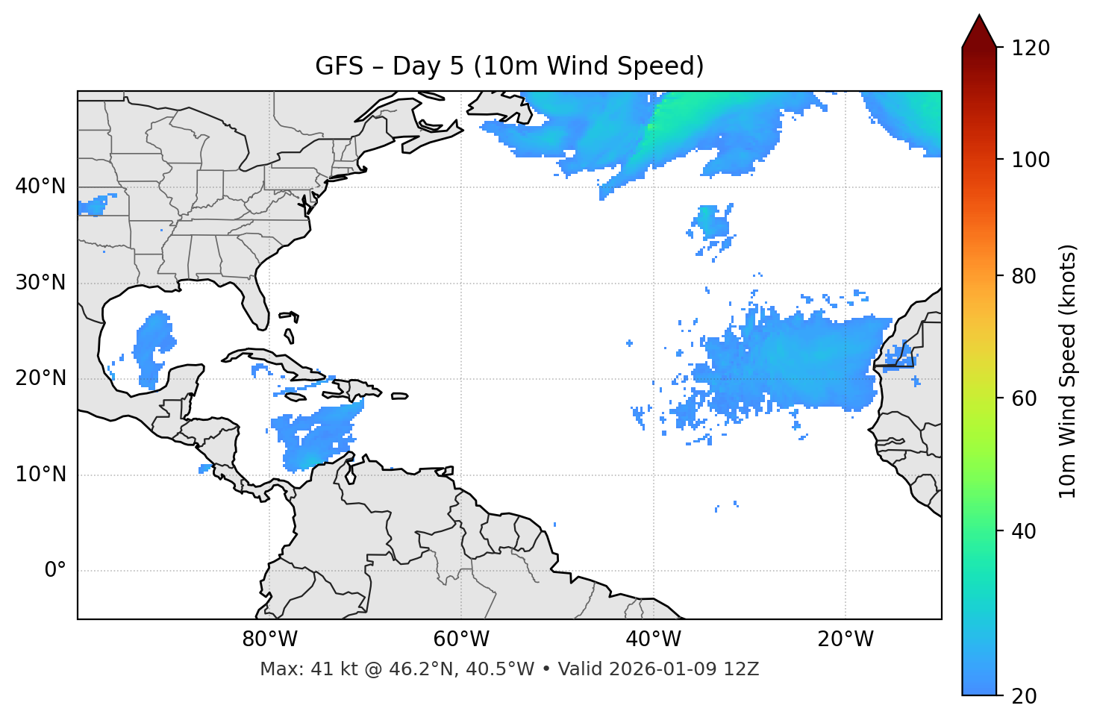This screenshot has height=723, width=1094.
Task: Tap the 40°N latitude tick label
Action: pyautogui.click(x=40, y=187)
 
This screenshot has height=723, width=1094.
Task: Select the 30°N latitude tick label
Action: pyautogui.click(x=40, y=283)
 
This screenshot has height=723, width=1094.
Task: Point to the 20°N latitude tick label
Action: pyautogui.click(x=40, y=378)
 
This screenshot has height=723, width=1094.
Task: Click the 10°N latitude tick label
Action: pyautogui.click(x=40, y=475)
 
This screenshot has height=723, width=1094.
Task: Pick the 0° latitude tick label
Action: pyautogui.click(x=54, y=571)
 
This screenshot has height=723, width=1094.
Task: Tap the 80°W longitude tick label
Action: pyautogui.click(x=269, y=639)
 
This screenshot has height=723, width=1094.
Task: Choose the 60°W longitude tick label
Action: pyautogui.click(x=461, y=639)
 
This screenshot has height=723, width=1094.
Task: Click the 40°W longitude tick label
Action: pyautogui.click(x=653, y=639)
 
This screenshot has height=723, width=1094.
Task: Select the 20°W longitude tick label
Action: pyautogui.click(x=845, y=639)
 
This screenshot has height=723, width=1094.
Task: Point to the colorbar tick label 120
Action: pyautogui.click(x=1031, y=48)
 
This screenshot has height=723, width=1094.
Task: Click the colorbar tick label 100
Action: pyautogui.click(x=1031, y=160)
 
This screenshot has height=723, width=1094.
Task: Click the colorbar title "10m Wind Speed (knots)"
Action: pyautogui.click(x=1068, y=371)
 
